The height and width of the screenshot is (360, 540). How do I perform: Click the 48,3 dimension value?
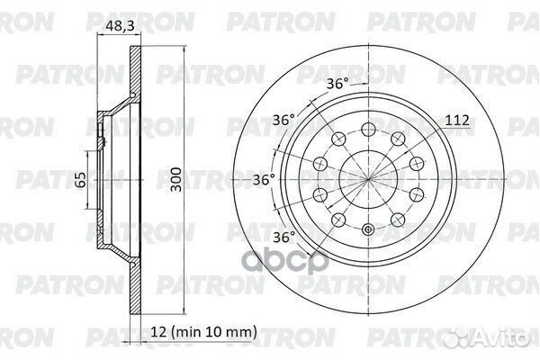[x=120, y=26]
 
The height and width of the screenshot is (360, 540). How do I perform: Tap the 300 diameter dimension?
[x=176, y=179]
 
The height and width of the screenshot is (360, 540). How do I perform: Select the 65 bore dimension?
[x=81, y=179]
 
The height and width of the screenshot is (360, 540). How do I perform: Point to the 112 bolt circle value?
[x=457, y=120]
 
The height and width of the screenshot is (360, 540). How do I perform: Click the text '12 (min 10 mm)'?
[x=204, y=332]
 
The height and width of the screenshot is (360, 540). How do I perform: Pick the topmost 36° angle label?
[x=337, y=84]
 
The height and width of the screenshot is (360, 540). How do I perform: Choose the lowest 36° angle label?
[x=284, y=238]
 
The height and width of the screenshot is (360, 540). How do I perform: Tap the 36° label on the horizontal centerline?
[x=264, y=179]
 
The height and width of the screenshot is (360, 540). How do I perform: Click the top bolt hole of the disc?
[x=368, y=130]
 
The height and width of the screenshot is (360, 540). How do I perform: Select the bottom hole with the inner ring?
[x=368, y=229]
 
